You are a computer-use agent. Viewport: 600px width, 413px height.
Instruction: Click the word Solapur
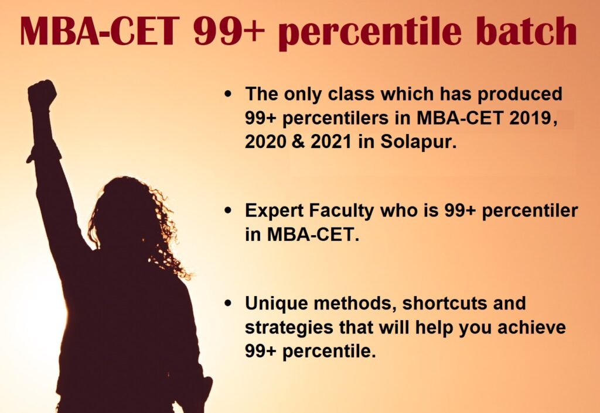click(x=418, y=142)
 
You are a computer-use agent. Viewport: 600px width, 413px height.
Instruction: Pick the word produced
click(x=520, y=94)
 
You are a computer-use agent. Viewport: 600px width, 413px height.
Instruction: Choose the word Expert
click(x=274, y=211)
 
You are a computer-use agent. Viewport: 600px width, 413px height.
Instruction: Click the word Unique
click(x=277, y=304)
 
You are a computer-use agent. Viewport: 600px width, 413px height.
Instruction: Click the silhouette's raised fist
click(x=42, y=95)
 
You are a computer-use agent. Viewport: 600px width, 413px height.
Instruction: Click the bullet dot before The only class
click(x=229, y=94)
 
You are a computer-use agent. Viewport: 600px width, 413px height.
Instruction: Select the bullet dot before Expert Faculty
click(x=229, y=211)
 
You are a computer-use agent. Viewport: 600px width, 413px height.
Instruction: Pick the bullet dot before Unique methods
click(x=229, y=304)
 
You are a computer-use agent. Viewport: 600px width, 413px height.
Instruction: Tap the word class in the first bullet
click(x=352, y=94)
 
